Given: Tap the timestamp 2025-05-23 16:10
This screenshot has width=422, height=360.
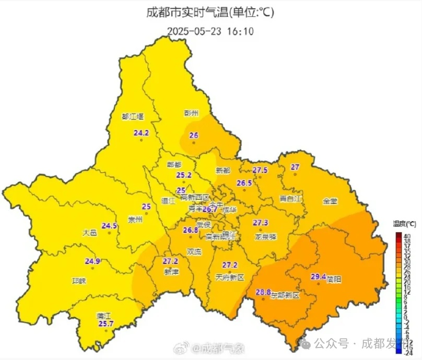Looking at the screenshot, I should click(x=210, y=31).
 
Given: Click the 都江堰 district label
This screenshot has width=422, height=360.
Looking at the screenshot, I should click(x=132, y=116).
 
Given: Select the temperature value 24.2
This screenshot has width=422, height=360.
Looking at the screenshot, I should click(x=141, y=133).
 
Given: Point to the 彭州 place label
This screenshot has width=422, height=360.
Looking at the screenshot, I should click(x=192, y=112).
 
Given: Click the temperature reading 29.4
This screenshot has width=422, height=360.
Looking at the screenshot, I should click(x=319, y=277).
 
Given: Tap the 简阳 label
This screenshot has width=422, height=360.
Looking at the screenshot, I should click(x=334, y=280).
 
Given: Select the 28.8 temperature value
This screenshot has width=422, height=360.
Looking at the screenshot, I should click(x=263, y=292).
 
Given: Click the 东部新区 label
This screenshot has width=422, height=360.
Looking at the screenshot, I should click(x=286, y=295).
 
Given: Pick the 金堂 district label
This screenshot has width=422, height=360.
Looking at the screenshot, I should click(x=330, y=201).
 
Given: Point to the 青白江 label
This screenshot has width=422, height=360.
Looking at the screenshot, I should click(x=291, y=198).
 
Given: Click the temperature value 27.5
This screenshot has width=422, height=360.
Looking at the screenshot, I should click(x=260, y=170).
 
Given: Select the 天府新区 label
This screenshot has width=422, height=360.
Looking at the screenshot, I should click(x=230, y=277).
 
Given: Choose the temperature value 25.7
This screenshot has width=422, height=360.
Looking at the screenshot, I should click(x=105, y=324).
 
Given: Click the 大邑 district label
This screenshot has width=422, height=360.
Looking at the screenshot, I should click(x=90, y=233).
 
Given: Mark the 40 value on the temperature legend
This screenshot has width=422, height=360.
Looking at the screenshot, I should click(x=407, y=236).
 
